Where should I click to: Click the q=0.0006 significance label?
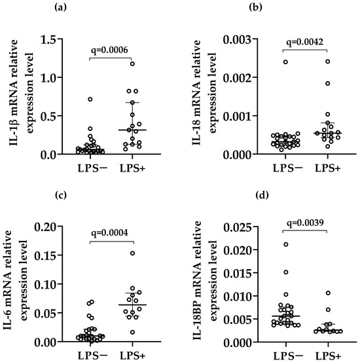[x=109, y=50]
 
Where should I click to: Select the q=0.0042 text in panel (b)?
[x=305, y=42]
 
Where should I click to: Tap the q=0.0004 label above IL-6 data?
[x=109, y=232]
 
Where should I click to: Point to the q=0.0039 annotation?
[x=305, y=223]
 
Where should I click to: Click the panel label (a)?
[x=60, y=7]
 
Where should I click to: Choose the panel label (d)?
[x=262, y=195]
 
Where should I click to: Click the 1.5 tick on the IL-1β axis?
[x=48, y=40]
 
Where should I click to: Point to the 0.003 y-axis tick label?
[x=237, y=40]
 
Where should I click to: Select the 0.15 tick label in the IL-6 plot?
[x=45, y=255]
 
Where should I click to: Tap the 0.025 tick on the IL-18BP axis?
[x=237, y=228]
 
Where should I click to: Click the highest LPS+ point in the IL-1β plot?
[x=132, y=64]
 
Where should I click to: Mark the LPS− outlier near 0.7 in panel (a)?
[x=90, y=100]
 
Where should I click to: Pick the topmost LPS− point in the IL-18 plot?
[x=285, y=62]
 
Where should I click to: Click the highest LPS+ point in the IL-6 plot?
[x=132, y=253]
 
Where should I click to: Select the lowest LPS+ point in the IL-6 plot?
[x=132, y=332]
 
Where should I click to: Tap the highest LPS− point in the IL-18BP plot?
[x=286, y=244]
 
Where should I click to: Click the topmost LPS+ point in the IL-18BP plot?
[x=328, y=293]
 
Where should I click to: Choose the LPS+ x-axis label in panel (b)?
[x=327, y=168]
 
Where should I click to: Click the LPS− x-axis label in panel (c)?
[x=92, y=355]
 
